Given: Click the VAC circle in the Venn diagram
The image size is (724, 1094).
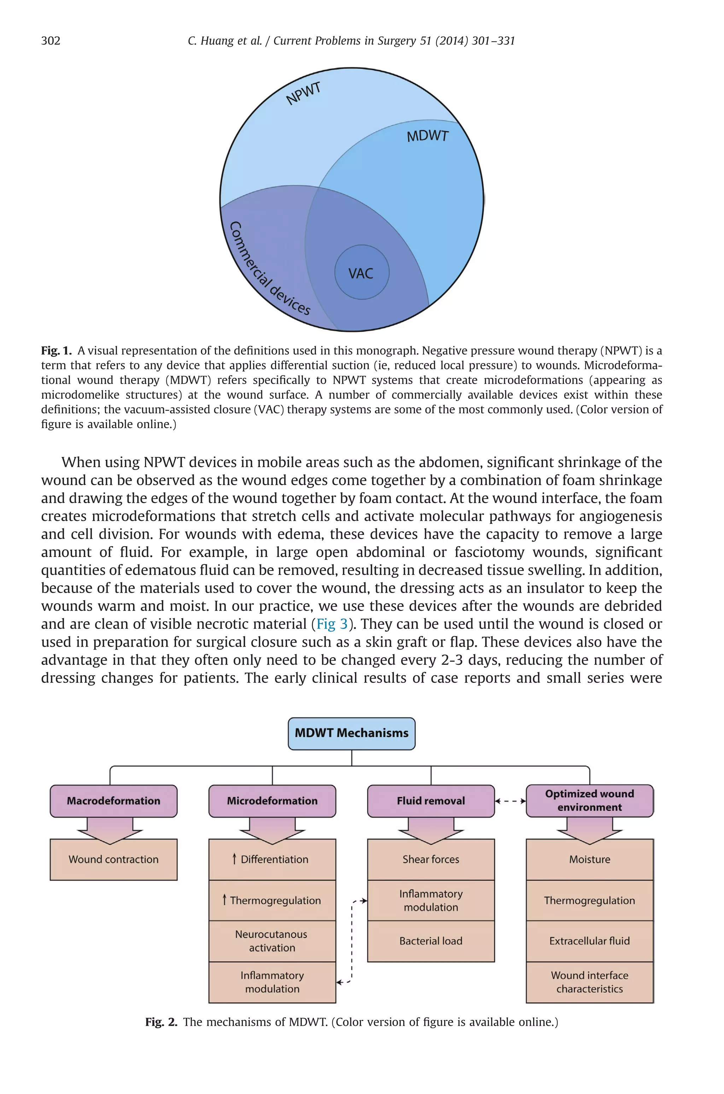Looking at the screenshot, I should pos(362,273).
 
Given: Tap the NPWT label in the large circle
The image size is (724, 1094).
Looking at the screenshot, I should pos(303,94).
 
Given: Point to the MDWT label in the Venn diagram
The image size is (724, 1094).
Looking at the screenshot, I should pos(427,136).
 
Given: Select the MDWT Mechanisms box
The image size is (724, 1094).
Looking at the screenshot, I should pos(351,733).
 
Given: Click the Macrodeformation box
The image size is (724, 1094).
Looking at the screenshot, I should pos(113,801).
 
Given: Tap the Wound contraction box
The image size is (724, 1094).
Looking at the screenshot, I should pos(113,860).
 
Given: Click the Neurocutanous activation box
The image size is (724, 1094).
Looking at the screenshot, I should pos(272,941).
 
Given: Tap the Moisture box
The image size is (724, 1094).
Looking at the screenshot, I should pos(589,860).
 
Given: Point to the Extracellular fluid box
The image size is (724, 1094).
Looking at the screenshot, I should pos(589,941).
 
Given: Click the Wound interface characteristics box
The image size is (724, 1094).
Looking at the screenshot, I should pos(589,982).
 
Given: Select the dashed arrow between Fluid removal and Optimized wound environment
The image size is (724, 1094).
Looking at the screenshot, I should pos(510,801).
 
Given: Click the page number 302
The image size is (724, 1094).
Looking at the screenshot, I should pos(51,41).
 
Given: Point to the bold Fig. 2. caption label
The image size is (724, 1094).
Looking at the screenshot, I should pos(161,1022).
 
